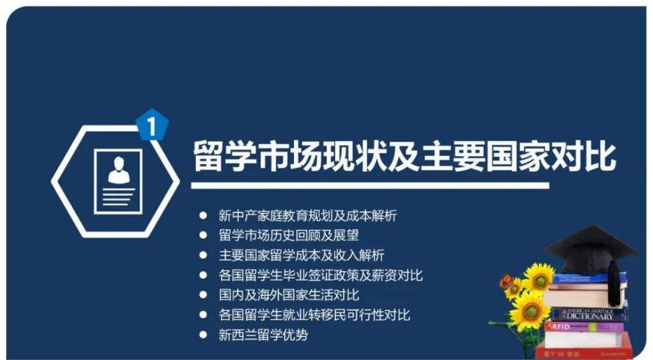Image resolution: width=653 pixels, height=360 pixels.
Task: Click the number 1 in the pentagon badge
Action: click(152, 126)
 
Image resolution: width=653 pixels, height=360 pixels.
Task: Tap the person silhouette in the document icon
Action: click(119, 171)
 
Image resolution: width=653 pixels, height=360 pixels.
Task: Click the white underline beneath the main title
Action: click(370, 186)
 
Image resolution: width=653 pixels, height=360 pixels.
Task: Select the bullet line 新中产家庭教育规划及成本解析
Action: click(308, 216)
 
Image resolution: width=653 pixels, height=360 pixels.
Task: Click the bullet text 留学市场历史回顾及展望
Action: click(289, 235)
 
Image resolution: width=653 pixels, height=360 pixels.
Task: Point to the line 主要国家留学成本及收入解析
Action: click(301, 255)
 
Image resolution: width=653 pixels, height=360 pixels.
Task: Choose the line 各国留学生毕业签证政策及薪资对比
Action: click(320, 275)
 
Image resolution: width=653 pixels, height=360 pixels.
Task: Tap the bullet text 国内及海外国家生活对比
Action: click(289, 295)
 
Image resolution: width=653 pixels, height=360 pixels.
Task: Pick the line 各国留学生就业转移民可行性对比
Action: click(314, 314)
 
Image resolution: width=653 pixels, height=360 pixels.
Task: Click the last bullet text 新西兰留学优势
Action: click(263, 335)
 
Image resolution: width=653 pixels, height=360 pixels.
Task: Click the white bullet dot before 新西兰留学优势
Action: click(203, 335)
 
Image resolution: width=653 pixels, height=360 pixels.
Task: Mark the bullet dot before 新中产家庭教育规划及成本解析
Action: click(203, 216)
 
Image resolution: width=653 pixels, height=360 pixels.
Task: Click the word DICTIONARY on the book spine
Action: click(590, 316)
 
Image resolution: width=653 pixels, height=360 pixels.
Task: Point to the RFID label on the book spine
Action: click(560, 326)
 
